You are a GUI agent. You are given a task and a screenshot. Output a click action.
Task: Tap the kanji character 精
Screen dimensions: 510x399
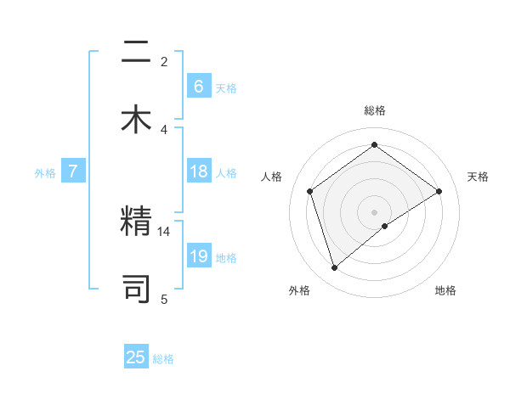tap(136, 222)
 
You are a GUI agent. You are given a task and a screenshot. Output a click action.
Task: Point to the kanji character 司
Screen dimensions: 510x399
tap(136, 289)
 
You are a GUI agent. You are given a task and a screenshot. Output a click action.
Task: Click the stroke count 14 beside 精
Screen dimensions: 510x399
tap(164, 231)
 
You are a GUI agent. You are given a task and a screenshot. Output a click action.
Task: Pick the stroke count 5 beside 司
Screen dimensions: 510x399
tap(164, 299)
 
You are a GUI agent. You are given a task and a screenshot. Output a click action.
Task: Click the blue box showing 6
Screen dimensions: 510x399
tap(198, 87)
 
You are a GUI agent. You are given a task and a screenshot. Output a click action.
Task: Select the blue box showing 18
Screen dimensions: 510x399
tap(198, 171)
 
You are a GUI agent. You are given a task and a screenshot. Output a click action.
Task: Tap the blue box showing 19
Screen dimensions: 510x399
tap(198, 256)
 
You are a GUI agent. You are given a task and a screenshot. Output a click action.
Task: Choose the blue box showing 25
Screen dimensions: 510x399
tap(136, 357)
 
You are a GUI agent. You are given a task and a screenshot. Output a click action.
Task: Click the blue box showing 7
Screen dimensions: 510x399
tap(73, 171)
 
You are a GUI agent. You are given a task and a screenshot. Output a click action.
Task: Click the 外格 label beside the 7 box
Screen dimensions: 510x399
tap(45, 172)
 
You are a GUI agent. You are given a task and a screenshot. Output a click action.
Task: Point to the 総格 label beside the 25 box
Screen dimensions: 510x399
tap(163, 359)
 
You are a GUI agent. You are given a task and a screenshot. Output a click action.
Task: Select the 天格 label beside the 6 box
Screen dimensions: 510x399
tap(226, 87)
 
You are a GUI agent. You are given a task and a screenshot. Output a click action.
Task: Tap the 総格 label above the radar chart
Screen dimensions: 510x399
tap(375, 110)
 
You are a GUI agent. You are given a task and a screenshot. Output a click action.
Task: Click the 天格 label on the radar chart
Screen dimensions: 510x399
tap(478, 177)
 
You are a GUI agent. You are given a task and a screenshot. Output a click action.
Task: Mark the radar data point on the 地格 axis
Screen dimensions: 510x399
tap(386, 226)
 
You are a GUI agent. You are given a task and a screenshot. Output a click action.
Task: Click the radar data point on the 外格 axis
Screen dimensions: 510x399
tap(335, 268)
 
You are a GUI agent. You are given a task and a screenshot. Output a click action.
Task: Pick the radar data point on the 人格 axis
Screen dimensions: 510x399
tap(310, 191)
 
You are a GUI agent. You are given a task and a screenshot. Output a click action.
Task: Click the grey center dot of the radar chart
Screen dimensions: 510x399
tap(375, 211)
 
